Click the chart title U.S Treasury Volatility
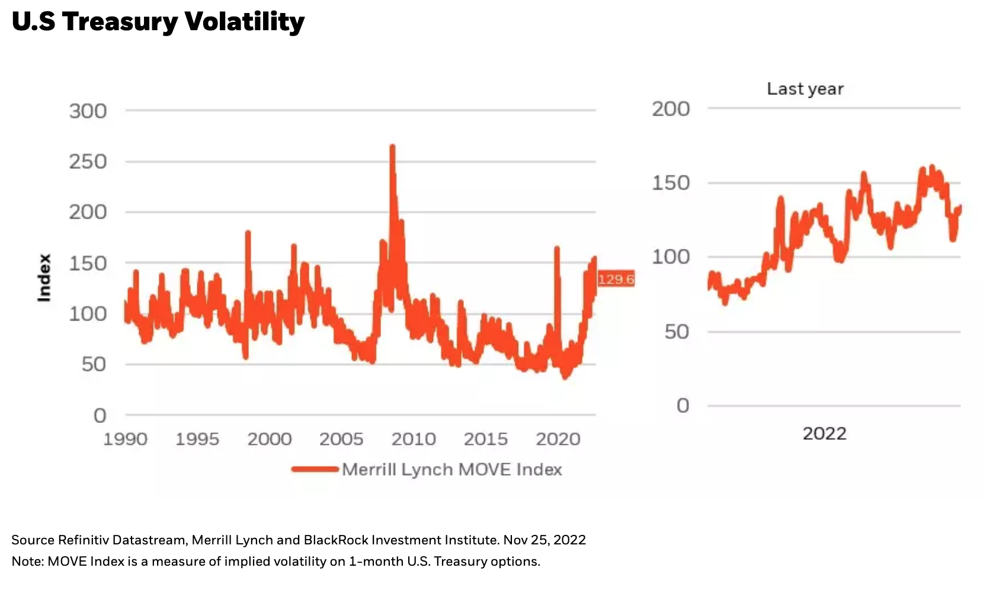pyautogui.click(x=158, y=22)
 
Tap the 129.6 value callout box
pyautogui.click(x=616, y=279)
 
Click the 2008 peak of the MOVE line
pyautogui.click(x=392, y=148)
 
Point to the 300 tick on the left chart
pyautogui.click(x=88, y=111)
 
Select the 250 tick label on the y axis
pyautogui.click(x=88, y=161)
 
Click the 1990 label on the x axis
pyautogui.click(x=125, y=439)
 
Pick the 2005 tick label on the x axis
pyautogui.click(x=341, y=439)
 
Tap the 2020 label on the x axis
pyautogui.click(x=558, y=439)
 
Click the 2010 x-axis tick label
pyautogui.click(x=414, y=439)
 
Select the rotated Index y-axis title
pyautogui.click(x=44, y=278)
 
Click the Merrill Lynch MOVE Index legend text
pyautogui.click(x=451, y=469)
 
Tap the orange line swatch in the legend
pyautogui.click(x=315, y=469)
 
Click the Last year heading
pyautogui.click(x=805, y=89)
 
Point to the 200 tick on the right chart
pyautogui.click(x=671, y=109)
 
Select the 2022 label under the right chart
pyautogui.click(x=824, y=434)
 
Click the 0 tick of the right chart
pyautogui.click(x=683, y=406)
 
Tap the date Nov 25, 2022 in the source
pyautogui.click(x=544, y=540)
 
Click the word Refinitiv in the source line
pyautogui.click(x=84, y=540)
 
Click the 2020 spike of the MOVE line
pyautogui.click(x=557, y=249)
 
